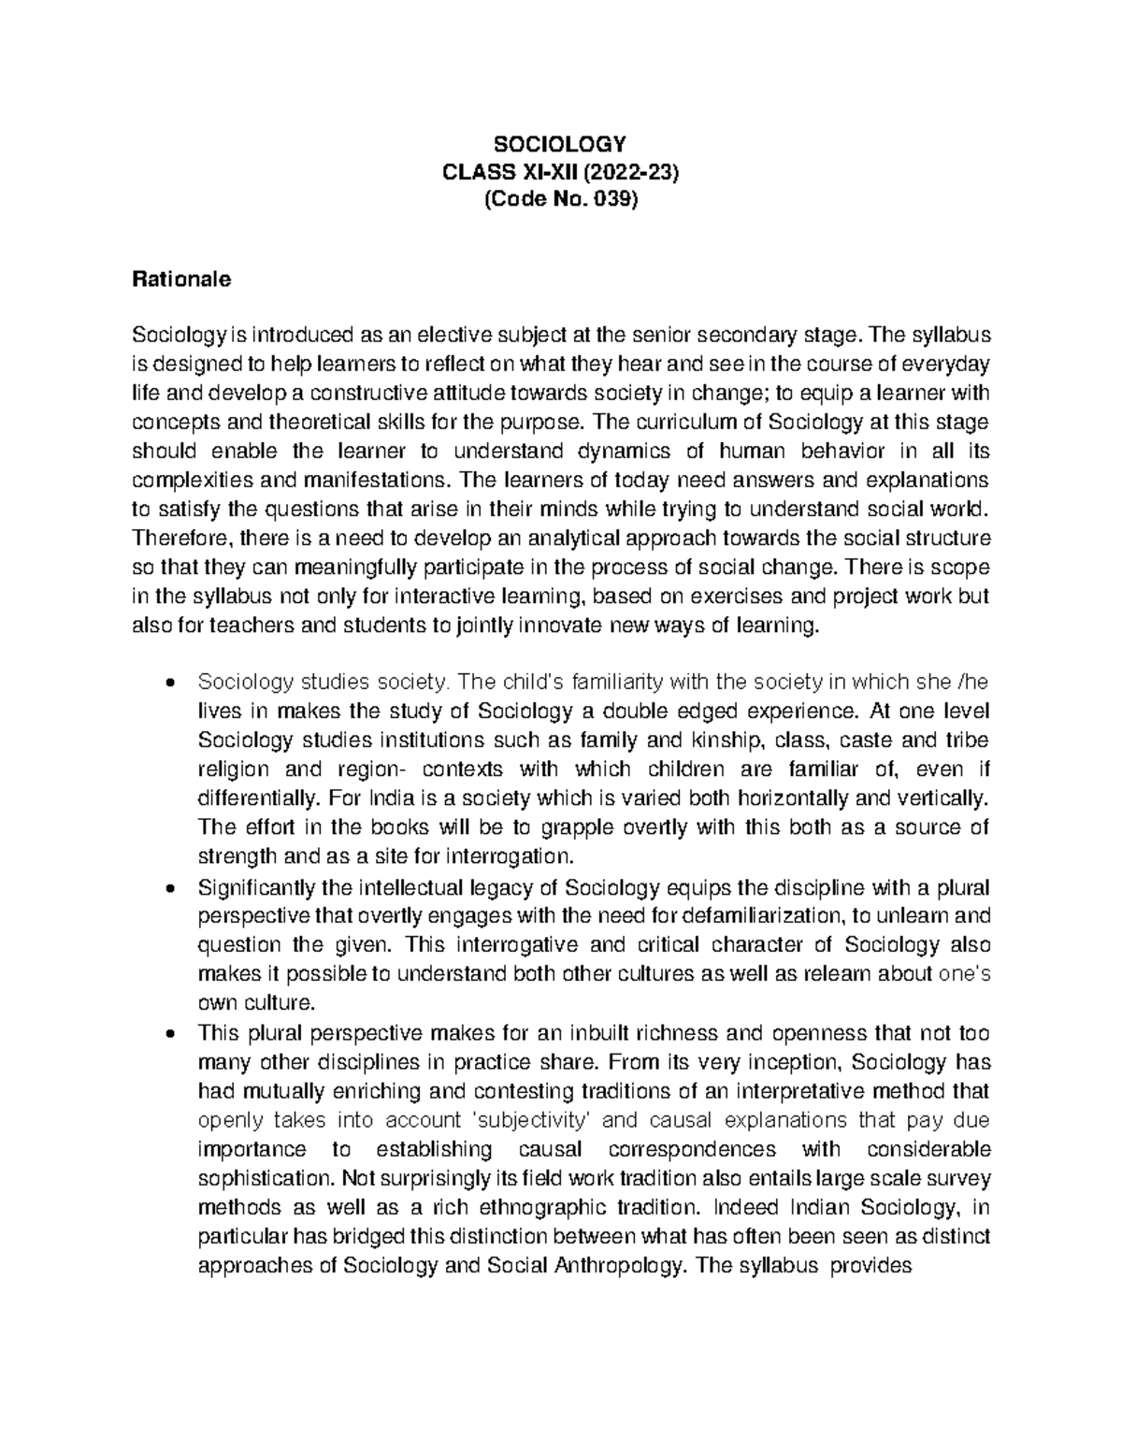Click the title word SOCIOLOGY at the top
[x=559, y=144]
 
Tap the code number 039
[x=611, y=200]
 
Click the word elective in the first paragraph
[x=455, y=335]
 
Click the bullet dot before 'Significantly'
[x=167, y=886]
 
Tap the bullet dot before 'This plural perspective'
[x=167, y=1033]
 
